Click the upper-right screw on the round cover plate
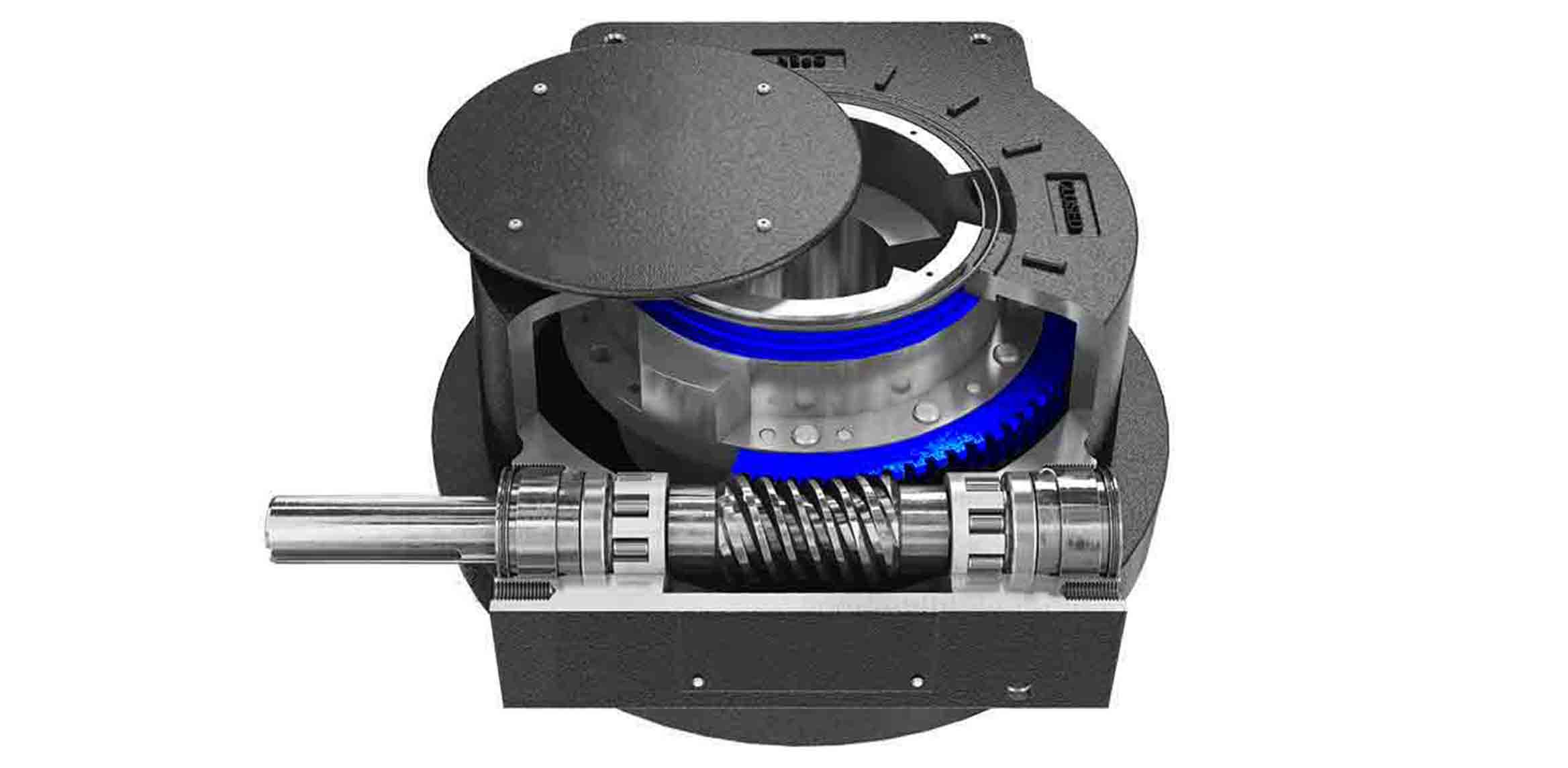tap(762, 87)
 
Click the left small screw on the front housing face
tap(697, 681)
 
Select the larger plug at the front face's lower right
tap(1021, 690)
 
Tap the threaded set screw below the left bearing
tap(524, 590)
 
